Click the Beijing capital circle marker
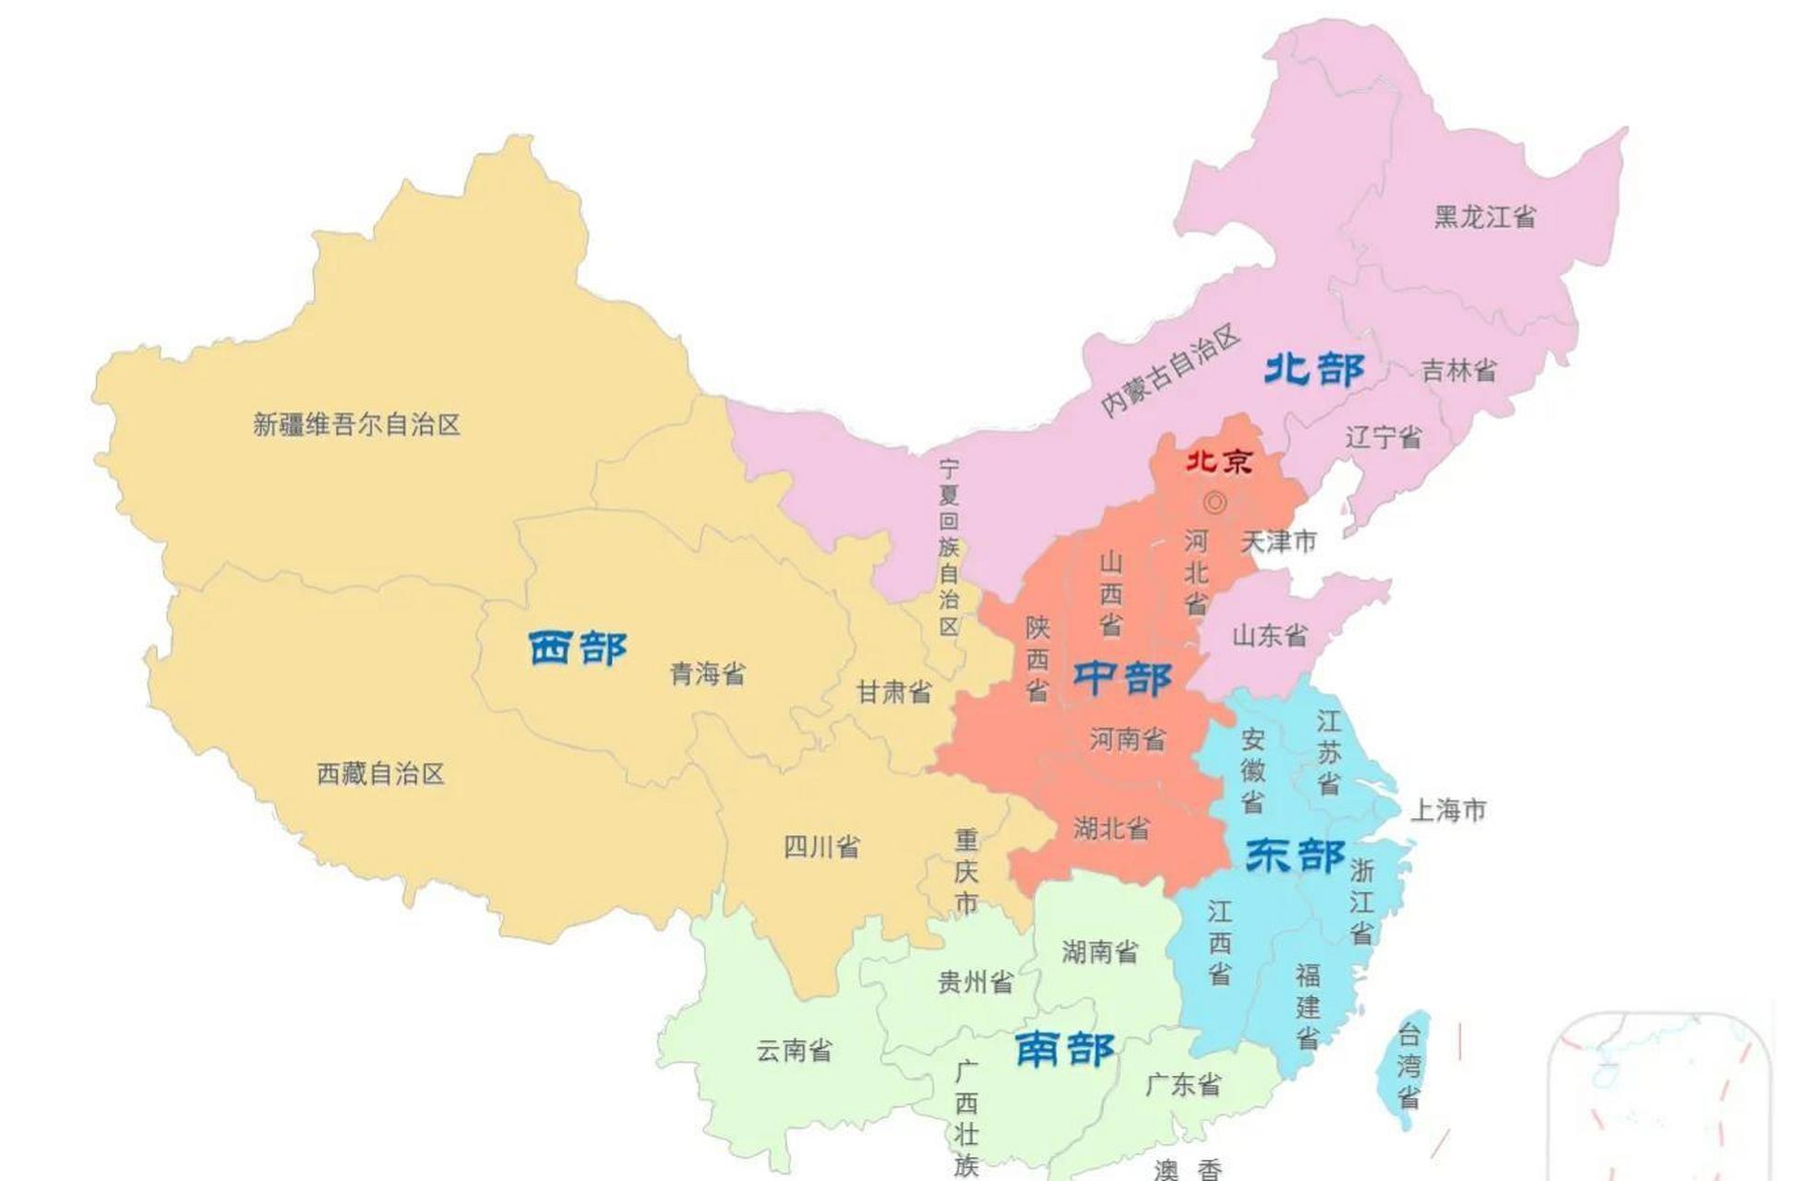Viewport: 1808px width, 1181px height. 1215,503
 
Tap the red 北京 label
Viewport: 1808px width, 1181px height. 1218,460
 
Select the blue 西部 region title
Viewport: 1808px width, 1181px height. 578,648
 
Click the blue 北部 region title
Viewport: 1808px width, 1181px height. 1313,369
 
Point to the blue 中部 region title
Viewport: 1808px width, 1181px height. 1121,678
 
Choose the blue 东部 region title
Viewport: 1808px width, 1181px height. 1295,855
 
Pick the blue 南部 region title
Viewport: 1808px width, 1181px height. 1064,1049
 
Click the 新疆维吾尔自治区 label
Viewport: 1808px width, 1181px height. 356,424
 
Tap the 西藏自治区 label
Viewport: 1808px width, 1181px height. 380,773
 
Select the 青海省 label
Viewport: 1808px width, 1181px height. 707,674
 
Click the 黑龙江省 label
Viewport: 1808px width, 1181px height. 1484,217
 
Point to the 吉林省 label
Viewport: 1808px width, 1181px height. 1458,370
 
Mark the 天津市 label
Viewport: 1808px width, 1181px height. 1278,542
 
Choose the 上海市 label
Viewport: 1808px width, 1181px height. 1447,810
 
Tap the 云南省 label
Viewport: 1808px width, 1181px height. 794,1050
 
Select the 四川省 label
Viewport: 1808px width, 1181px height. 820,846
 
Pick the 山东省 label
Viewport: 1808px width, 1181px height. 1270,635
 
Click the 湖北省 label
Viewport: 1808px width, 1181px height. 1111,828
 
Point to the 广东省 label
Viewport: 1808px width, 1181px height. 1183,1084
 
